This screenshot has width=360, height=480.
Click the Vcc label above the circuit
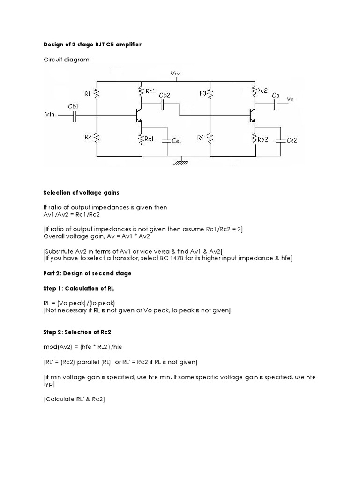click(x=176, y=74)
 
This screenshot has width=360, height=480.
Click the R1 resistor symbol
click(x=96, y=94)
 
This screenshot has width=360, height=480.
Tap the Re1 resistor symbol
click(x=141, y=139)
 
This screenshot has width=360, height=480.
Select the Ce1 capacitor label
click(x=177, y=141)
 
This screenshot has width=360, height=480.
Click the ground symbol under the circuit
click(x=180, y=162)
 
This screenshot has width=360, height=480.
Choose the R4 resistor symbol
click(x=210, y=137)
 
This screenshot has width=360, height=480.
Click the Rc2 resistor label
click(x=262, y=90)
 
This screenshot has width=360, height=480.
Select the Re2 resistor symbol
click(x=254, y=138)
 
